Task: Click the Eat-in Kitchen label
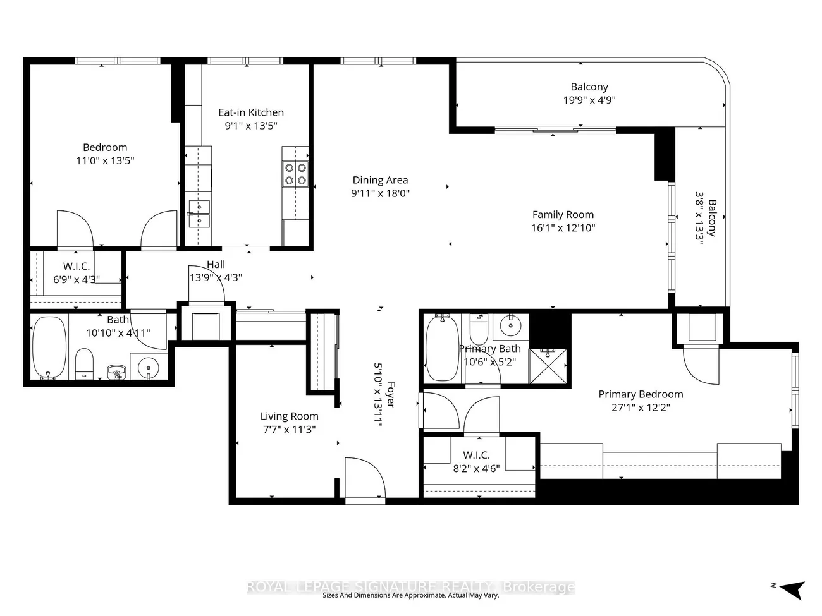pos(251,112)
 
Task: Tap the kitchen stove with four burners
pos(295,174)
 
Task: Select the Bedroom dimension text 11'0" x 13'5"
pos(105,160)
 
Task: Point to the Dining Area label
pos(380,180)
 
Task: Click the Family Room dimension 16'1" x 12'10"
pos(563,228)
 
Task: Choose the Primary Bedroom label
pos(641,394)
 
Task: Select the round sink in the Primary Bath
pos(512,326)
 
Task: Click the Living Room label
pos(289,416)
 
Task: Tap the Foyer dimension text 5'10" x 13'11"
pos(378,396)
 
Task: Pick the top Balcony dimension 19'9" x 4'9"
pos(589,100)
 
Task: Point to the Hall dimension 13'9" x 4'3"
pos(216,277)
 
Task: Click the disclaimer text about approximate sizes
pos(411,595)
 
